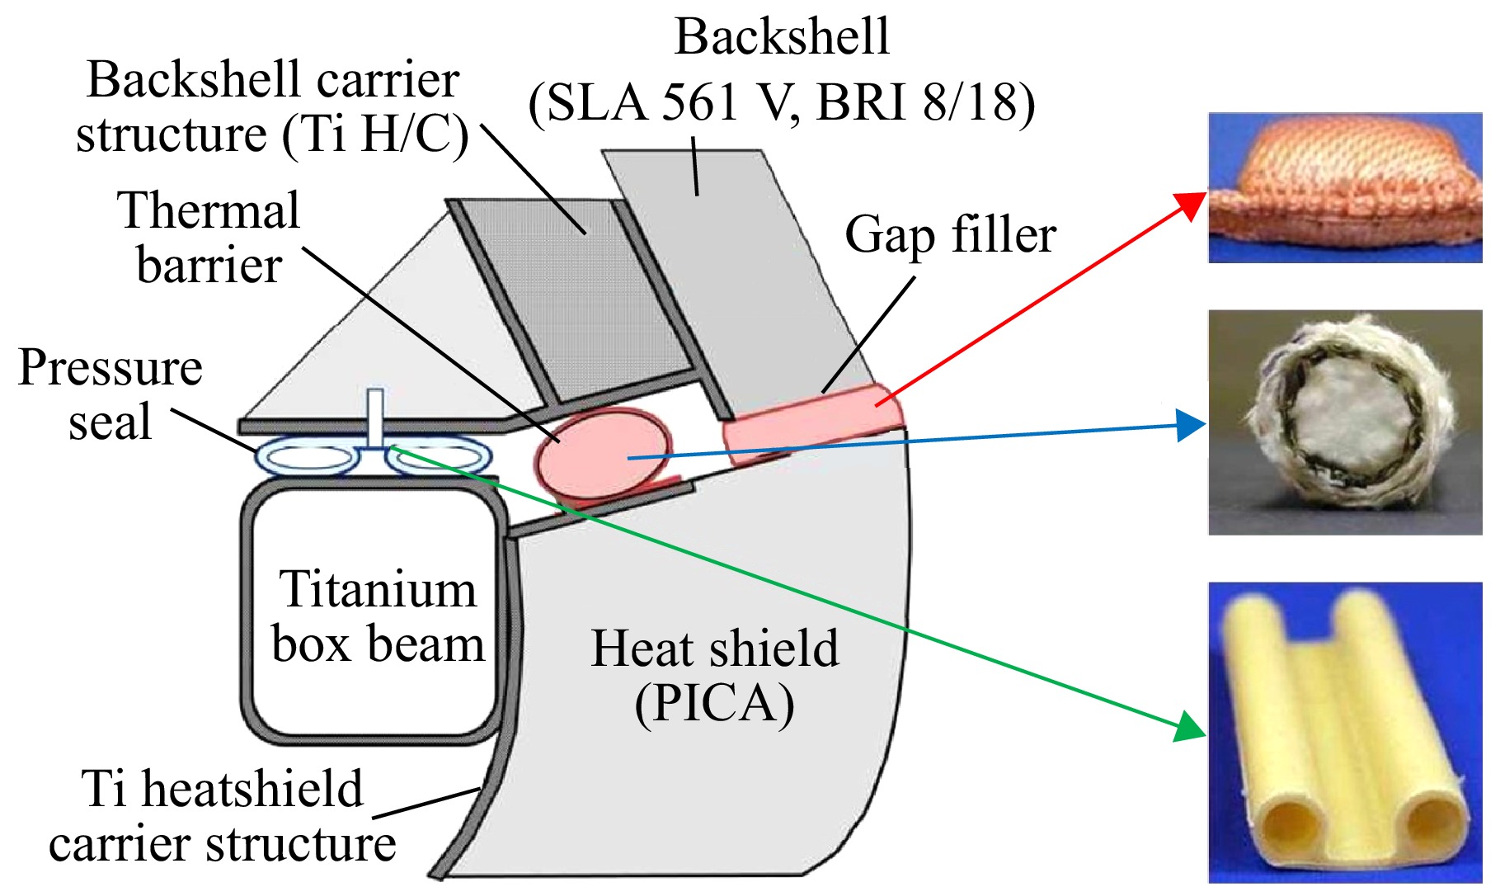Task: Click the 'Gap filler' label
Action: point(950,235)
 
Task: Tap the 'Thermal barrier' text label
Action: point(209,238)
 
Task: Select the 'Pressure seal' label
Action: point(111,394)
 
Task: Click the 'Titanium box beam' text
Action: point(378,616)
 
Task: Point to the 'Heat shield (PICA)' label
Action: point(715,676)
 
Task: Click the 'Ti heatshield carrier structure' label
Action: point(223,816)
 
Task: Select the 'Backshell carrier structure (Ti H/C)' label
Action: point(272,106)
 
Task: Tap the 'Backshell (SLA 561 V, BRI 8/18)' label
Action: point(782,71)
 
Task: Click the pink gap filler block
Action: point(812,422)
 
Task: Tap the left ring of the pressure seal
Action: point(306,458)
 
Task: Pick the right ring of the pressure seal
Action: point(440,458)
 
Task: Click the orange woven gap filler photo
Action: point(1345,187)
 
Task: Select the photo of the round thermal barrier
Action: point(1345,422)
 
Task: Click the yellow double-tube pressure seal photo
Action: point(1345,733)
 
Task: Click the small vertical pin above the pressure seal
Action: point(375,418)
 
